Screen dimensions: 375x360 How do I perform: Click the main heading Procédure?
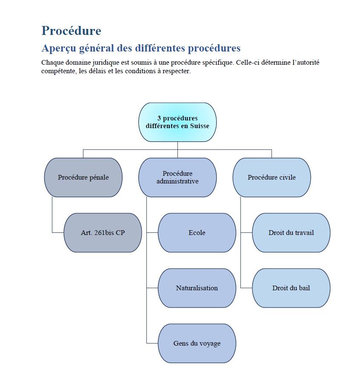pyautogui.click(x=71, y=31)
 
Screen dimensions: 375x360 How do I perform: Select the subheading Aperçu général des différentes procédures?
pyautogui.click(x=141, y=48)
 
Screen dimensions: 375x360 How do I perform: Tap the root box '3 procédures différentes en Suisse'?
pyautogui.click(x=177, y=122)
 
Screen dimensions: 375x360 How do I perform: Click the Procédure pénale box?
pyautogui.click(x=83, y=177)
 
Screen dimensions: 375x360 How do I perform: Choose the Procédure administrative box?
pyautogui.click(x=177, y=177)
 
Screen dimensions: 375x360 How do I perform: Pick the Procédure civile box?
pyautogui.click(x=271, y=177)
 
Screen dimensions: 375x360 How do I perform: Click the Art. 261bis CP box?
pyautogui.click(x=103, y=233)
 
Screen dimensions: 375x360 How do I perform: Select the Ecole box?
pyautogui.click(x=197, y=233)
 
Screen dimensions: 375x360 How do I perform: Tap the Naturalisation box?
pyautogui.click(x=197, y=288)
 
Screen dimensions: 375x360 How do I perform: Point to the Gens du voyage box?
pyautogui.click(x=197, y=344)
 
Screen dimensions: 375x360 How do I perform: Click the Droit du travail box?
pyautogui.click(x=291, y=233)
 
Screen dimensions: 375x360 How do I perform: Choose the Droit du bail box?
pyautogui.click(x=291, y=288)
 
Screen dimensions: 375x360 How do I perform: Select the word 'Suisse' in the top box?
pyautogui.click(x=199, y=126)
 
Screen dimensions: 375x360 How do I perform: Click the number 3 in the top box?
pyautogui.click(x=159, y=118)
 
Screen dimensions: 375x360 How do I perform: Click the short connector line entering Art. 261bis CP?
pyautogui.click(x=58, y=233)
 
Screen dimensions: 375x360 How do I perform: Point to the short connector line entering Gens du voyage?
pyautogui.click(x=152, y=343)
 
